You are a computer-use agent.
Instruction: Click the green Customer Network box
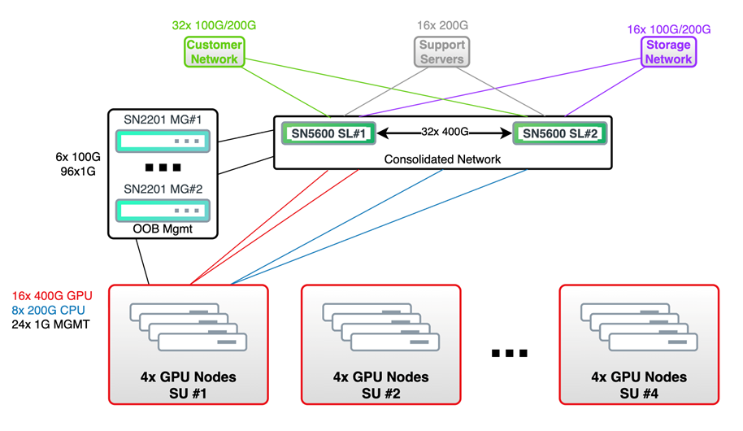[x=215, y=52]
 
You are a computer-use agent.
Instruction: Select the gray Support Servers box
[x=441, y=52]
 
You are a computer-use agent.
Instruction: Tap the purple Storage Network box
[x=668, y=52]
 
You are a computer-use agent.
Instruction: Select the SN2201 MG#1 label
[x=163, y=120]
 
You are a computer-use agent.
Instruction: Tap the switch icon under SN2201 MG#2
[x=163, y=211]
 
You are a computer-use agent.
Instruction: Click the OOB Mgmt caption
[x=163, y=230]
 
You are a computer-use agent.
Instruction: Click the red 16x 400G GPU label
[x=53, y=295]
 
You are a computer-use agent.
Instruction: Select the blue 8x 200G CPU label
[x=48, y=310]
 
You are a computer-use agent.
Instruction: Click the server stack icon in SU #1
[x=188, y=326]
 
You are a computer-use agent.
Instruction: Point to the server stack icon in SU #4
[x=639, y=326]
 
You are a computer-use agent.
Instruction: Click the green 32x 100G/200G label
[x=215, y=25]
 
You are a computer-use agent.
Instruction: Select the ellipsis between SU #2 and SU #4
[x=511, y=353]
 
